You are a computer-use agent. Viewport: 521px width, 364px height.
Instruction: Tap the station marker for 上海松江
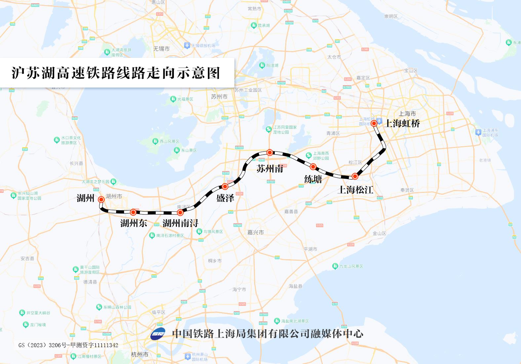click(355, 176)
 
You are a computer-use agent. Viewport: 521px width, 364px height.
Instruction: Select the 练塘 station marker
click(313, 166)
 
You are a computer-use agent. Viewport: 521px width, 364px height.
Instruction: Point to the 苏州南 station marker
click(270, 153)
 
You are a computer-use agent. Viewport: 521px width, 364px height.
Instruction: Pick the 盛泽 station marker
click(225, 186)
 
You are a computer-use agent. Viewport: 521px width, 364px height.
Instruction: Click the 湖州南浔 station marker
click(180, 212)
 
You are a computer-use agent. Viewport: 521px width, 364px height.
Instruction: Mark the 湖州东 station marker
click(133, 212)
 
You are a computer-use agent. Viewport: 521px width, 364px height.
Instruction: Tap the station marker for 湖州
click(101, 199)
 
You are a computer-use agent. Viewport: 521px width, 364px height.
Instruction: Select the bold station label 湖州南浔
click(180, 223)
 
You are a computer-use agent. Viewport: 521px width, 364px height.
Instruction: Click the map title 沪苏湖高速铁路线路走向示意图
click(116, 73)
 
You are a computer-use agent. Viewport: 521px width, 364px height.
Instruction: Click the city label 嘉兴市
click(256, 233)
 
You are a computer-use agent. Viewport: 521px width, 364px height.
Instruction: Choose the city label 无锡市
click(161, 49)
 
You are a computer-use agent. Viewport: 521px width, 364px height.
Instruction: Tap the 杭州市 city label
click(140, 354)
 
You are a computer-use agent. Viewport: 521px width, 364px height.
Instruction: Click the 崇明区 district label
click(391, 16)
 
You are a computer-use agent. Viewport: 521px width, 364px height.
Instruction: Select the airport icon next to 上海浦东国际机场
click(478, 132)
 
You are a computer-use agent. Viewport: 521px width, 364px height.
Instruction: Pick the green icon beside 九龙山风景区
click(335, 266)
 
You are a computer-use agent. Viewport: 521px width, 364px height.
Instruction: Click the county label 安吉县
click(27, 259)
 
